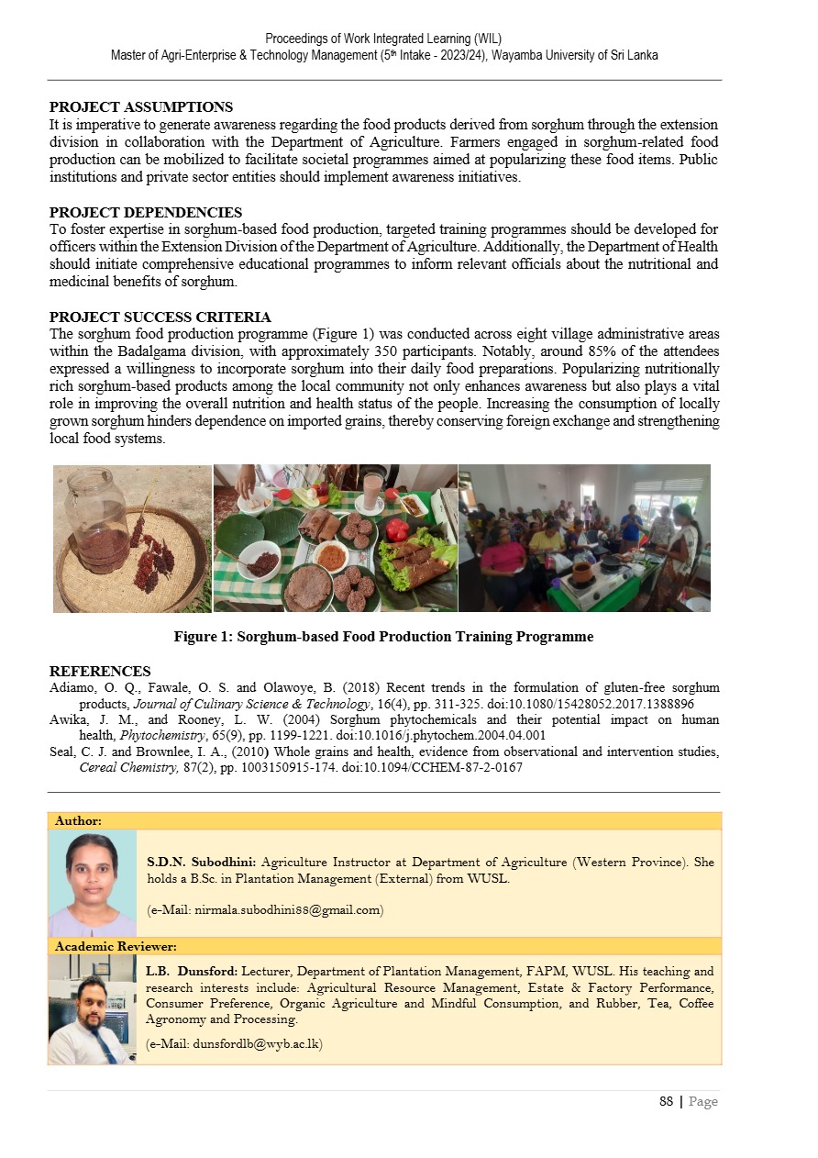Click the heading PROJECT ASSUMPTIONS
click(x=141, y=107)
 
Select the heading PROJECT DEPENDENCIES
click(x=146, y=213)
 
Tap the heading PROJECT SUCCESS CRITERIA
click(x=160, y=317)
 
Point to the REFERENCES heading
click(x=100, y=672)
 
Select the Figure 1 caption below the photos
click(x=383, y=637)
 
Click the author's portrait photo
click(x=92, y=883)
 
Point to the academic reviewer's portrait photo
click(x=92, y=1008)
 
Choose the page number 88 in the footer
click(x=667, y=1101)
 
